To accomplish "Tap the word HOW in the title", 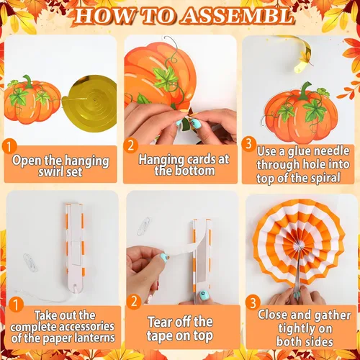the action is pyautogui.click(x=104, y=17).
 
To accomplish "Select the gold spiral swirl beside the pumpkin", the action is pyautogui.click(x=89, y=103).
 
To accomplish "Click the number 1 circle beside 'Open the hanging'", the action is pyautogui.click(x=9, y=147).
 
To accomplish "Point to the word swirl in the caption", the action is pyautogui.click(x=50, y=172).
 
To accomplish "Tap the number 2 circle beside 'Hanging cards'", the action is pyautogui.click(x=130, y=145).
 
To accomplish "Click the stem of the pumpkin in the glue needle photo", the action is pyautogui.click(x=305, y=90).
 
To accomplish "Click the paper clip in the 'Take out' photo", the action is pyautogui.click(x=30, y=263).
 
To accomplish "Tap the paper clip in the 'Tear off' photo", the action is pyautogui.click(x=144, y=226).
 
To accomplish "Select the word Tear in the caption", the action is pyautogui.click(x=160, y=322).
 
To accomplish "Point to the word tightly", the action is pyautogui.click(x=305, y=329).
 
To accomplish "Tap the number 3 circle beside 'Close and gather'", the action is pyautogui.click(x=253, y=303).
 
